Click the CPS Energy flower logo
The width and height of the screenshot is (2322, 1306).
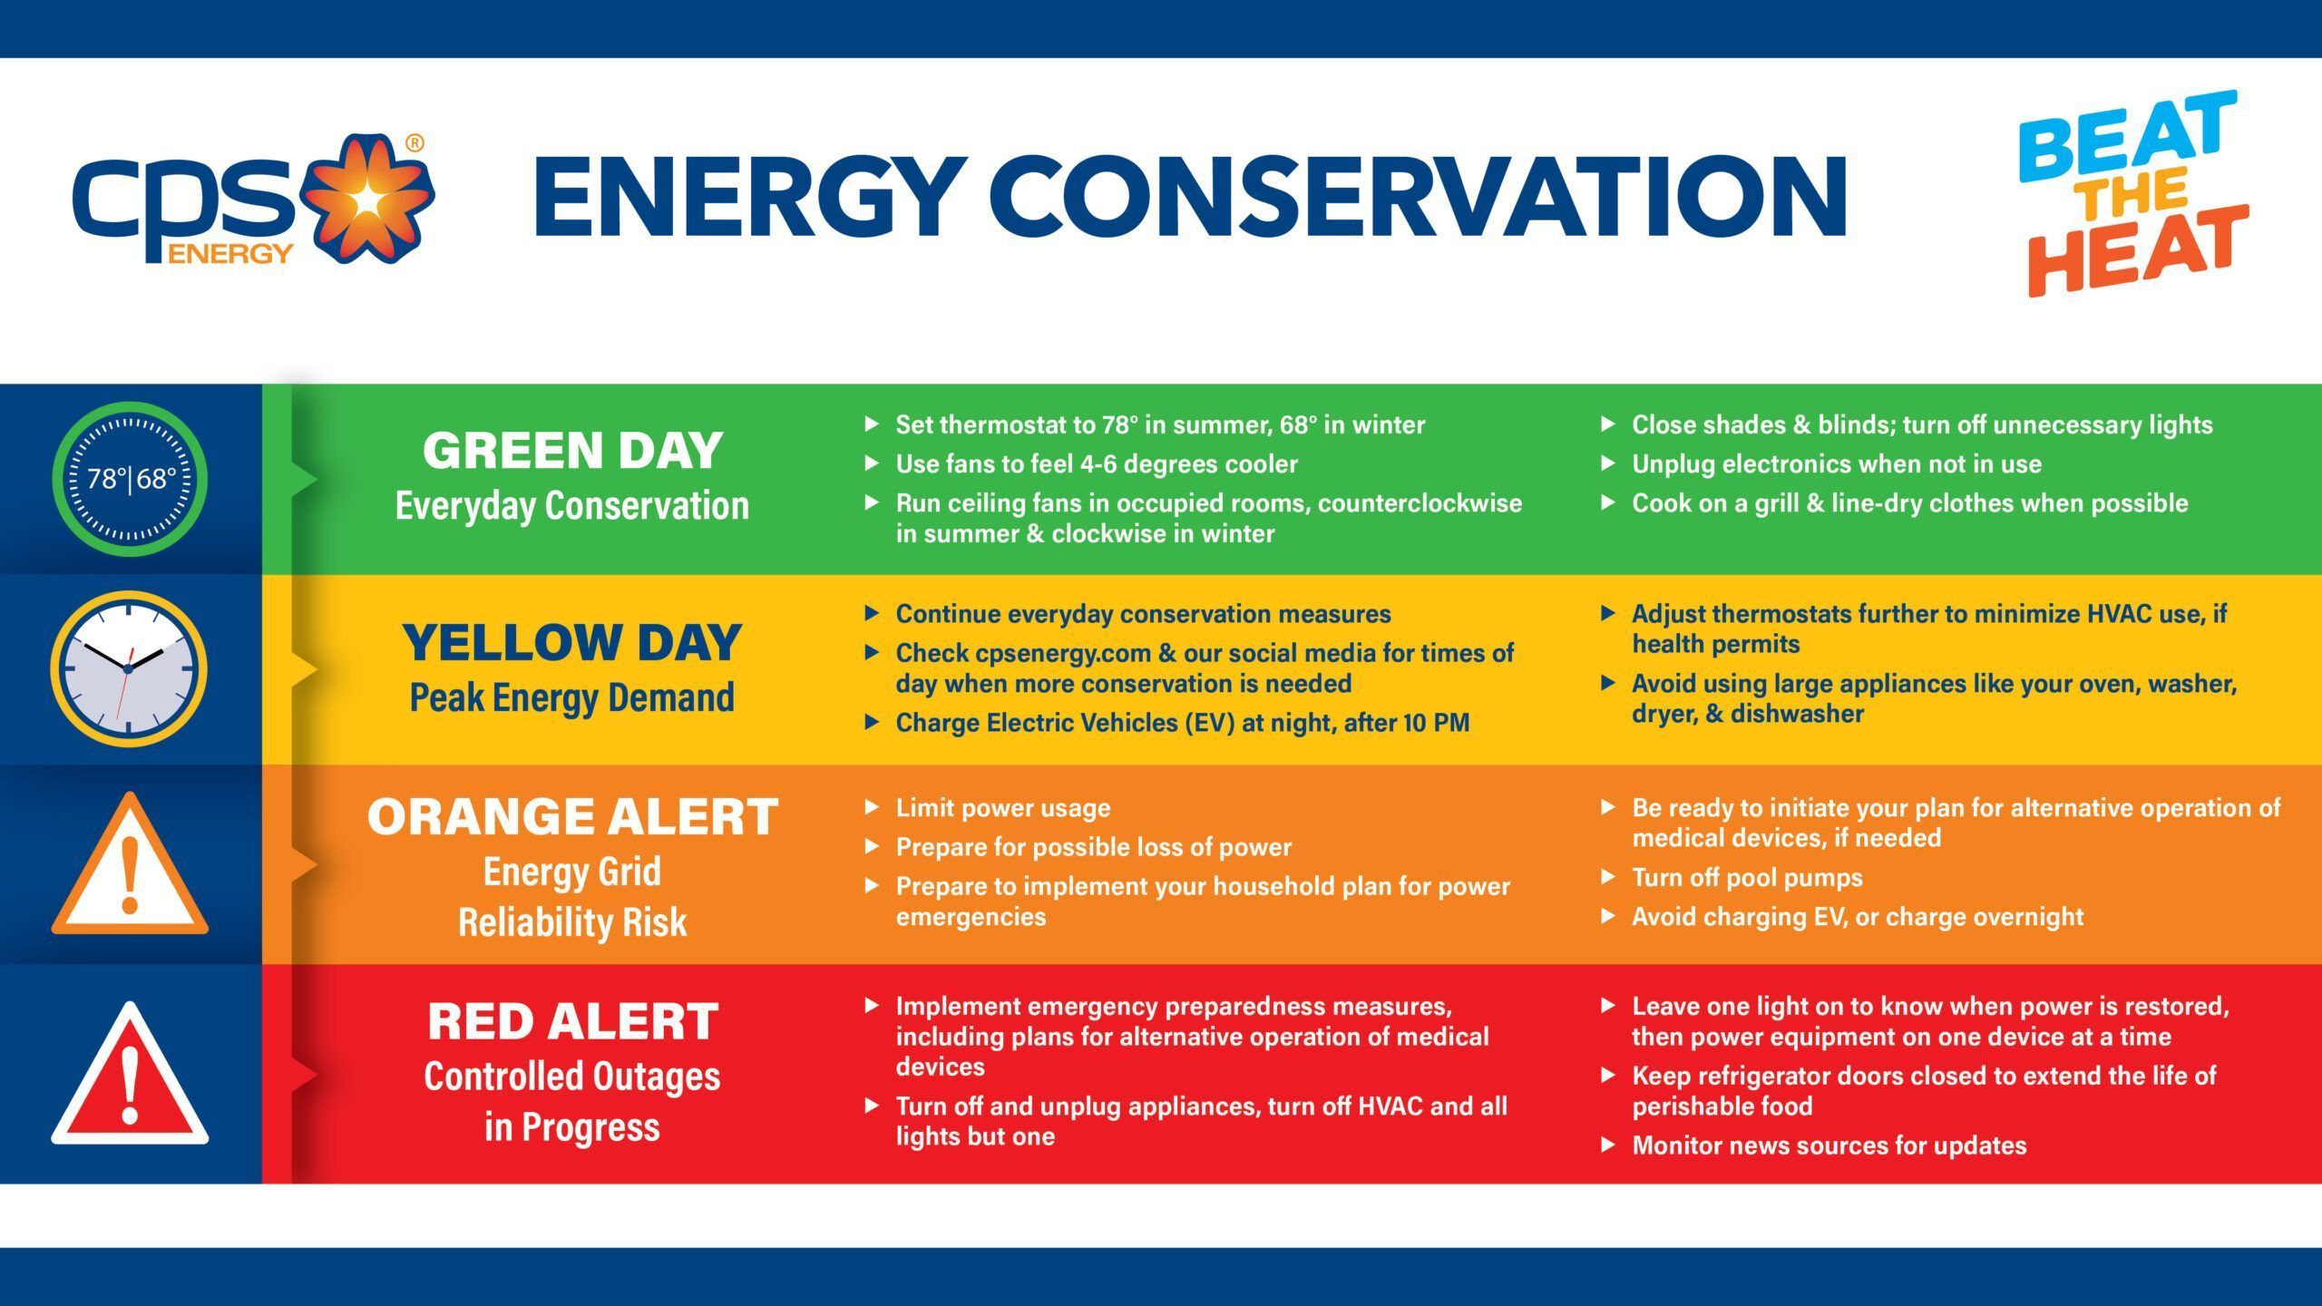click(366, 200)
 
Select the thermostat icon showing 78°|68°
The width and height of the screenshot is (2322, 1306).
click(131, 479)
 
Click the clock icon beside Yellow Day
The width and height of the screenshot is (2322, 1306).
click(129, 668)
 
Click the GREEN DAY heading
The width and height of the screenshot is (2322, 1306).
click(572, 451)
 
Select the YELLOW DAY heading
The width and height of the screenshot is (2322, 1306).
click(572, 643)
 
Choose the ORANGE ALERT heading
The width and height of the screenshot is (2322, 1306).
click(572, 817)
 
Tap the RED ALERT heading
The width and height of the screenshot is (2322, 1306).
click(572, 1022)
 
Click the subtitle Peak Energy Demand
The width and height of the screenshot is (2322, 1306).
click(572, 697)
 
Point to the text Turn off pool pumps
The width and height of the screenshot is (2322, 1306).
click(1747, 878)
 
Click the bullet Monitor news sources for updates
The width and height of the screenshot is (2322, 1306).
click(1829, 1145)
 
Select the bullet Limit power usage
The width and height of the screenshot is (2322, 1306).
click(1002, 808)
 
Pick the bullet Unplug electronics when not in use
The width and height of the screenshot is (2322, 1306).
click(1836, 464)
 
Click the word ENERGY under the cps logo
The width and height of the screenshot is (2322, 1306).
click(229, 254)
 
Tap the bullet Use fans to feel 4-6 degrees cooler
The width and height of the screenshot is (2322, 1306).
click(1096, 464)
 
